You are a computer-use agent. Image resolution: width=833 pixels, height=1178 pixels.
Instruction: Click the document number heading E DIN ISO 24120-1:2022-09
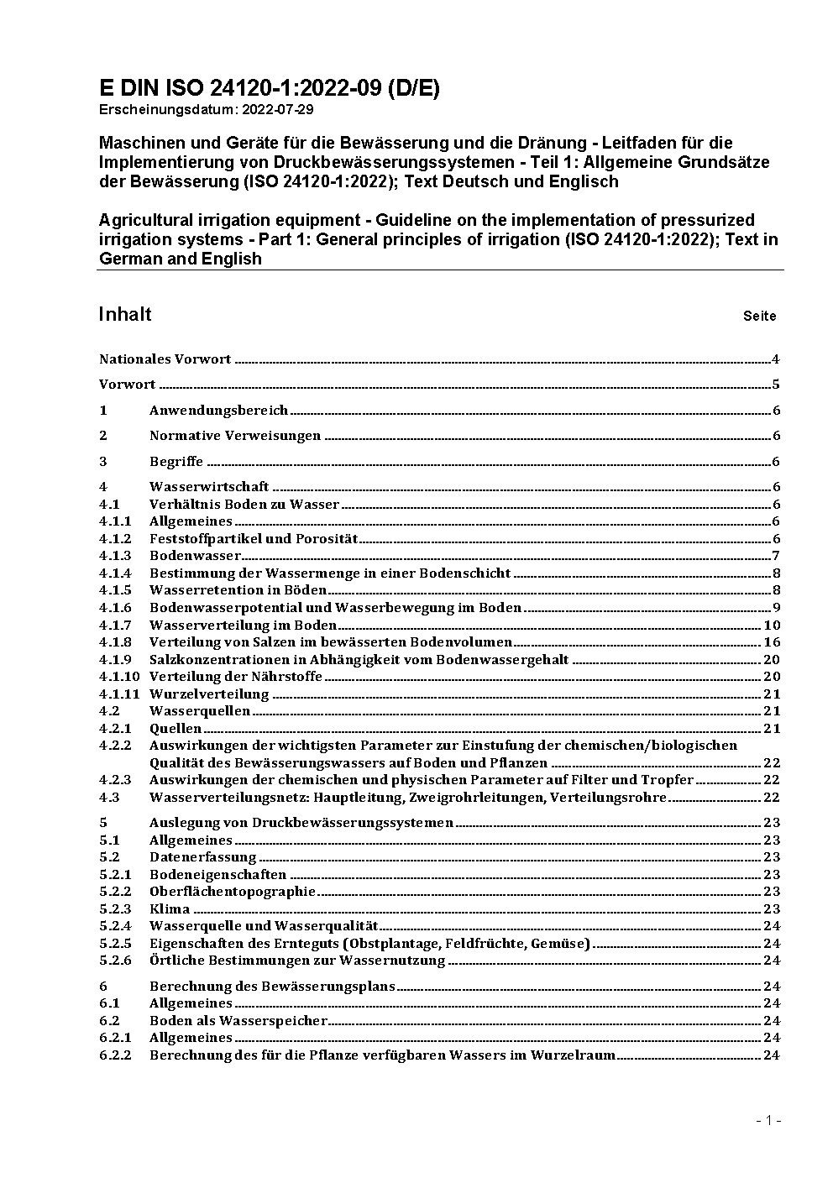pyautogui.click(x=269, y=89)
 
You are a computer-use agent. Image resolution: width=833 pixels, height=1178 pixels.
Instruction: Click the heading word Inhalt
pyautogui.click(x=125, y=314)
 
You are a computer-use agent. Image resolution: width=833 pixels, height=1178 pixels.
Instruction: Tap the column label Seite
pyautogui.click(x=759, y=317)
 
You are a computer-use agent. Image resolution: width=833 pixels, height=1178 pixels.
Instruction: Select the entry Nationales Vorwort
pyautogui.click(x=165, y=359)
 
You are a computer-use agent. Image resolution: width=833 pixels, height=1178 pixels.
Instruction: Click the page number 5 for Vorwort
pyautogui.click(x=776, y=385)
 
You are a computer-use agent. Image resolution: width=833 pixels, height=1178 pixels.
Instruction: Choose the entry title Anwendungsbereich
pyautogui.click(x=218, y=411)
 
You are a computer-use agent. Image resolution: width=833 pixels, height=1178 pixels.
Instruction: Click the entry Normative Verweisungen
pyautogui.click(x=235, y=436)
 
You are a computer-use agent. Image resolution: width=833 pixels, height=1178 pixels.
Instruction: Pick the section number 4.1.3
pyautogui.click(x=115, y=556)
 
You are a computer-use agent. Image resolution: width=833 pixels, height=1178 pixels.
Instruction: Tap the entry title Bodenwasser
pyautogui.click(x=195, y=556)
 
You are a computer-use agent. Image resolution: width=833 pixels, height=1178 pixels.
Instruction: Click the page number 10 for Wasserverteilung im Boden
pyautogui.click(x=772, y=625)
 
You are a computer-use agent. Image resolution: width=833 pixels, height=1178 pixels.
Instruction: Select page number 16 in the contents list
pyautogui.click(x=772, y=642)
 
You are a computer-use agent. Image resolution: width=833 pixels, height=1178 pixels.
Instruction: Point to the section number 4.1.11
pyautogui.click(x=118, y=694)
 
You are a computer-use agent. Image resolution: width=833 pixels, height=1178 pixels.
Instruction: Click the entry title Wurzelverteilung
pyautogui.click(x=209, y=694)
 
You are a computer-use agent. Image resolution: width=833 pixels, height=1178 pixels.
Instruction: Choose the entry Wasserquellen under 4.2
pyautogui.click(x=200, y=711)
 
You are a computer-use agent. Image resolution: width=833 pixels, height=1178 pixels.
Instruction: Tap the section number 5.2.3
pyautogui.click(x=115, y=908)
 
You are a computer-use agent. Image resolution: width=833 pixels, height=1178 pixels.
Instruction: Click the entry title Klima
pyautogui.click(x=170, y=908)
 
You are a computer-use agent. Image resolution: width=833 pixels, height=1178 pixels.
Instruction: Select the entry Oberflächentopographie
pyautogui.click(x=233, y=891)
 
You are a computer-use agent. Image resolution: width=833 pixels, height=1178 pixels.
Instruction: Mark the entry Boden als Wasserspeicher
pyautogui.click(x=238, y=1020)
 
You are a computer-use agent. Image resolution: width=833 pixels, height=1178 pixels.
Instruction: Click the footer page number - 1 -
pyautogui.click(x=768, y=1120)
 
